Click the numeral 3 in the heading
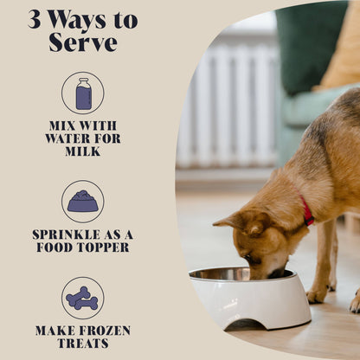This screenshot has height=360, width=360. click(x=35, y=19)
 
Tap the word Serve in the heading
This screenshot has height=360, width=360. click(x=82, y=42)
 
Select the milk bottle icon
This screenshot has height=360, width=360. click(x=82, y=93)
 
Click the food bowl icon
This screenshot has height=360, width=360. click(x=82, y=202)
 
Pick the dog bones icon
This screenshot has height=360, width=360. click(x=82, y=298)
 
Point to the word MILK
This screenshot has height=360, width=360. click(x=82, y=151)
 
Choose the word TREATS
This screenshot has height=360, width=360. click(x=82, y=344)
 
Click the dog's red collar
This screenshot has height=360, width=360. click(x=306, y=212)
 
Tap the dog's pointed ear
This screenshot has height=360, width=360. click(x=228, y=222)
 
